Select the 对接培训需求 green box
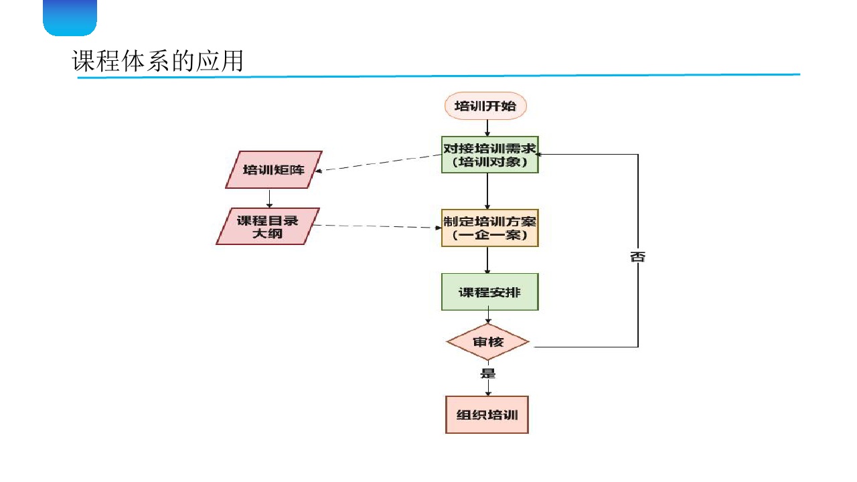[490, 155]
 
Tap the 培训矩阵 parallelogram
[273, 169]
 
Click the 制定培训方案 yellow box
[489, 228]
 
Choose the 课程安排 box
[489, 292]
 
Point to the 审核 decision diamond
[488, 342]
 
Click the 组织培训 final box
[487, 414]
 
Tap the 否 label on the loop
[637, 257]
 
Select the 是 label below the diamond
[488, 374]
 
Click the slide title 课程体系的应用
[157, 62]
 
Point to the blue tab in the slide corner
[70, 17]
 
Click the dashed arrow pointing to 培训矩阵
[378, 163]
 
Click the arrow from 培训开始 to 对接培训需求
[488, 128]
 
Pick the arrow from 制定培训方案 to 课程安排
[488, 260]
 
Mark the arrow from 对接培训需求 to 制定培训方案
[488, 191]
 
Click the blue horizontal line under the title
[439, 76]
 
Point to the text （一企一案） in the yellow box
[489, 236]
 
